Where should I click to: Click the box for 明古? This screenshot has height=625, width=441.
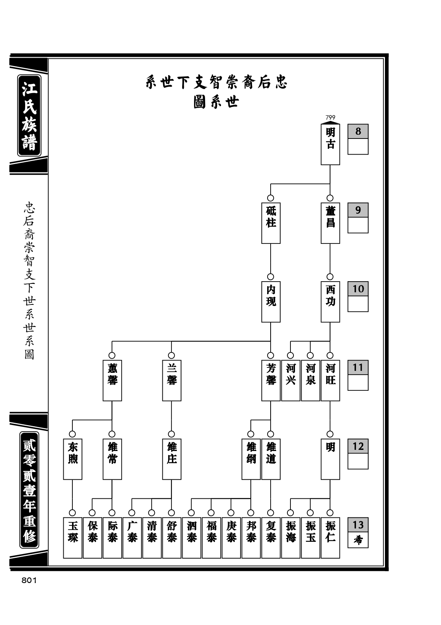(330, 144)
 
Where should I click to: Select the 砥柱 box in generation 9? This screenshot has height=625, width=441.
(271, 223)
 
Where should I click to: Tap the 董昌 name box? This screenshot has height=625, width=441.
(330, 223)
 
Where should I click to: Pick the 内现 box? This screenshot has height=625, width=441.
(271, 301)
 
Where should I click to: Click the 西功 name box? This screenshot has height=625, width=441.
(330, 301)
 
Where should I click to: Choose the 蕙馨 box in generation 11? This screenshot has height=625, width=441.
(112, 380)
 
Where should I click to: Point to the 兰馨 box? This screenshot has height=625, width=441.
(172, 380)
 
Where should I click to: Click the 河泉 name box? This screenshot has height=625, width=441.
(310, 380)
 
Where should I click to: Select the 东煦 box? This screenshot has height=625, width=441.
(72, 459)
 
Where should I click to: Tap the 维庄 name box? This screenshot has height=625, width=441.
(172, 459)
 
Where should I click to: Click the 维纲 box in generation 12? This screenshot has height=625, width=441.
(251, 459)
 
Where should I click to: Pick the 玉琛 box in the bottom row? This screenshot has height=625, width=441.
(72, 538)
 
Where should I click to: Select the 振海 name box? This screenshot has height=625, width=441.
(290, 538)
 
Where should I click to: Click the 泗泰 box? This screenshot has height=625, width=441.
(191, 538)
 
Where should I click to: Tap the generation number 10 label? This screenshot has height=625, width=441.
(358, 288)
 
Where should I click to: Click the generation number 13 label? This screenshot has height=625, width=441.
(358, 525)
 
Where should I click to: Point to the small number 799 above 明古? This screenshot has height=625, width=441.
(330, 118)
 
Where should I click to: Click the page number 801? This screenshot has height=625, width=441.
(29, 580)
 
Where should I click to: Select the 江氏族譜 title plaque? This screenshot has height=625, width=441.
(29, 116)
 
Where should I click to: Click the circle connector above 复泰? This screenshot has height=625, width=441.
(271, 513)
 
